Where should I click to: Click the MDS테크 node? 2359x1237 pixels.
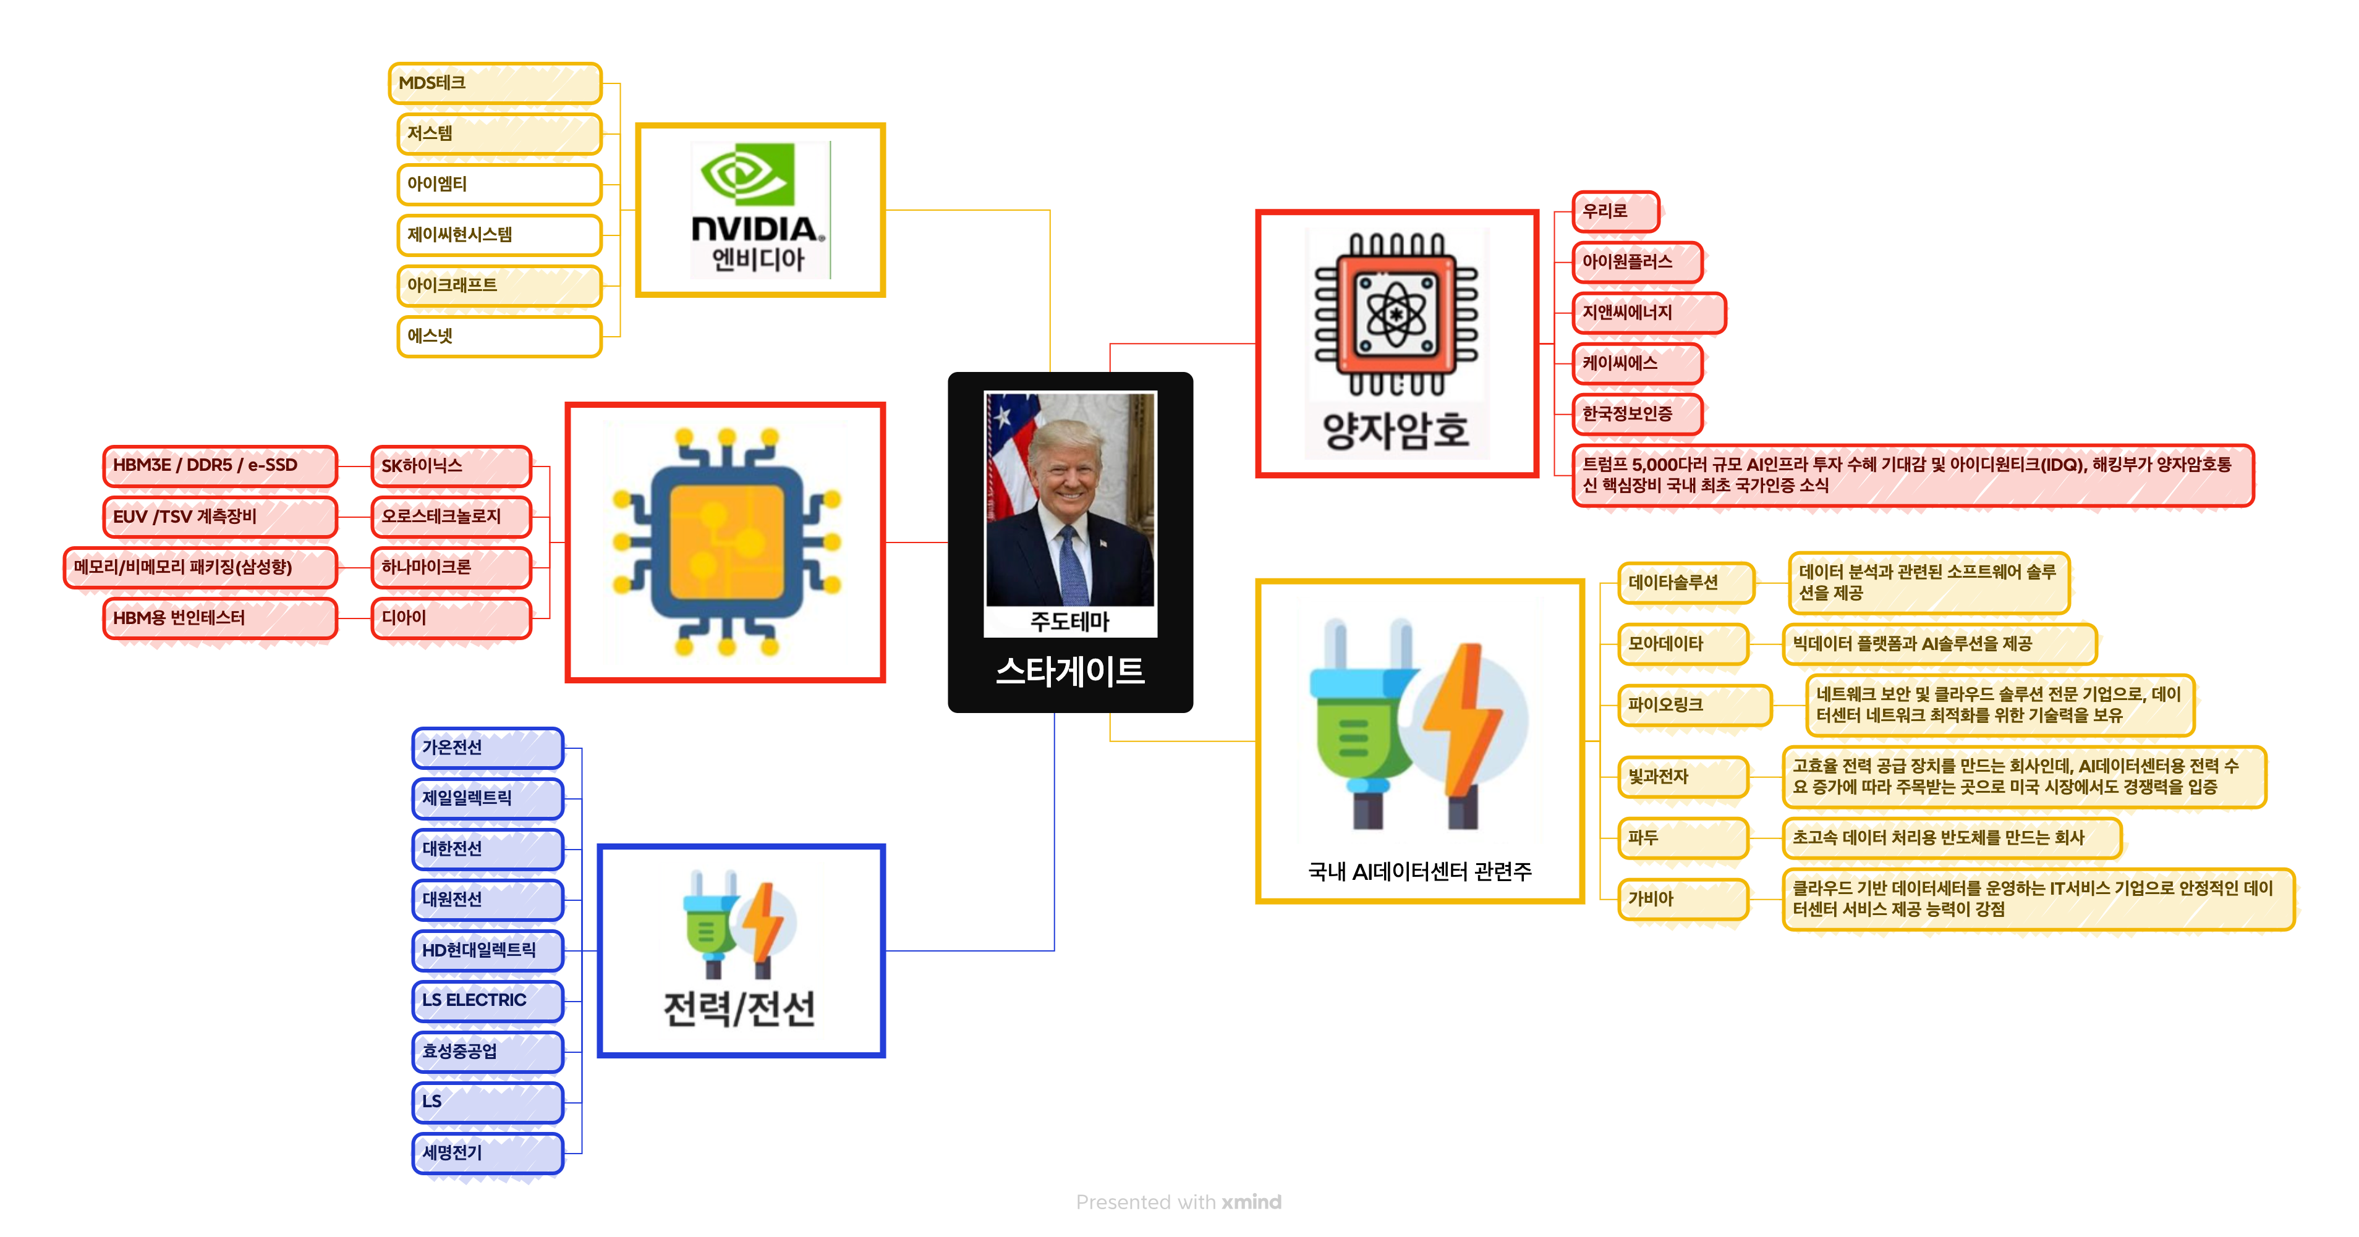click(x=495, y=83)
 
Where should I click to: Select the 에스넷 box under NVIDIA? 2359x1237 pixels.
click(x=499, y=336)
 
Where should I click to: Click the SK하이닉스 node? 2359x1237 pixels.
click(x=451, y=466)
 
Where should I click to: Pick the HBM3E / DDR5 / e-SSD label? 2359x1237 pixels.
click(x=220, y=466)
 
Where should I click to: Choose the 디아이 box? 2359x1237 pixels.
click(x=451, y=618)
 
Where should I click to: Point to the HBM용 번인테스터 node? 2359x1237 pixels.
click(x=220, y=618)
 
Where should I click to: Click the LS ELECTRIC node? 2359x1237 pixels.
click(x=487, y=1001)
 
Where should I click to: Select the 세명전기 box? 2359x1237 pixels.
click(x=487, y=1153)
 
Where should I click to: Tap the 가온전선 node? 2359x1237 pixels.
click(x=487, y=748)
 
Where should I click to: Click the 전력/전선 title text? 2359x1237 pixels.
click(x=739, y=1009)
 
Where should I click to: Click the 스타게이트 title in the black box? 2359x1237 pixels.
click(x=1069, y=671)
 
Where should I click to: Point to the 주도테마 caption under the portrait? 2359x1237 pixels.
click(x=1069, y=622)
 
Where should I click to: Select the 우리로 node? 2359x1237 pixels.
click(x=1615, y=211)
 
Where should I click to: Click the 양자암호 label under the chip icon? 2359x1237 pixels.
click(x=1396, y=430)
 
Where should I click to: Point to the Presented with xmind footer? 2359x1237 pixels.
click(x=1179, y=1202)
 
